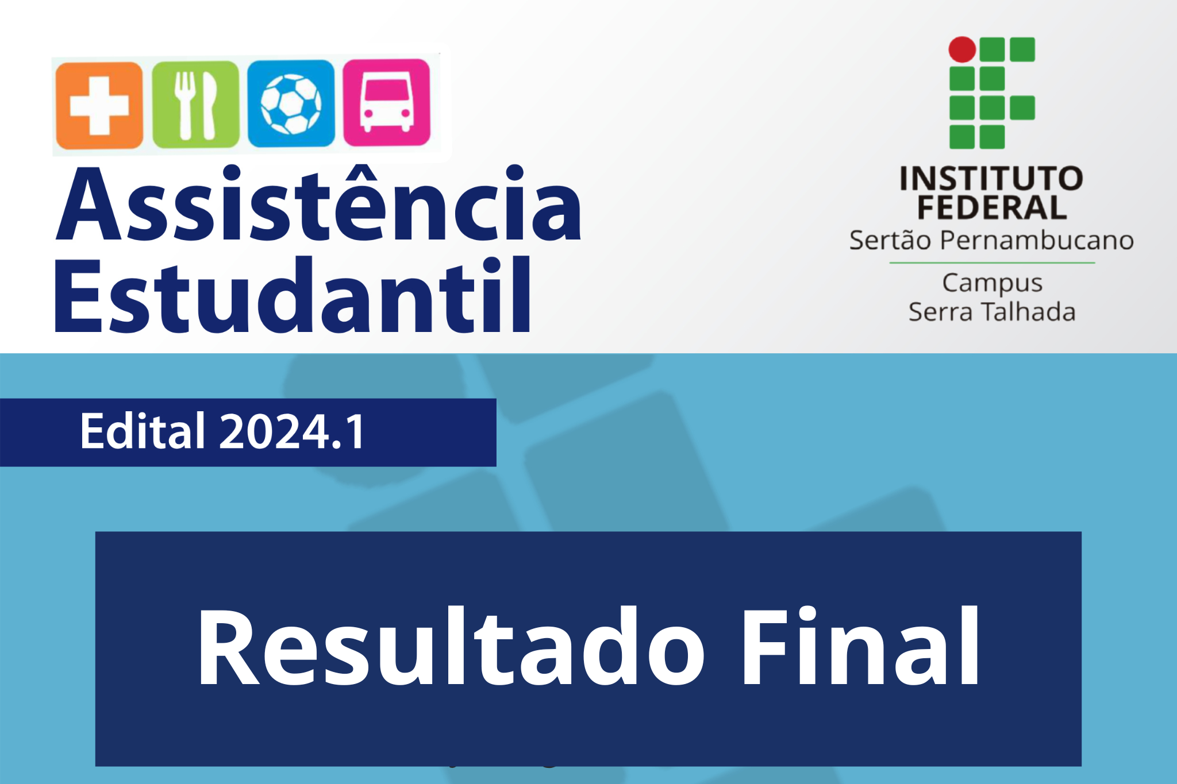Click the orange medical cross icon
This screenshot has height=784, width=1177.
point(99,106)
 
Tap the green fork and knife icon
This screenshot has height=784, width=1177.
point(195,105)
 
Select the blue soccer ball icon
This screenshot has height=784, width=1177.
point(291,103)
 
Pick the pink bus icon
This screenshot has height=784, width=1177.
point(387,102)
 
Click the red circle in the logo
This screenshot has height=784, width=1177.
point(962,49)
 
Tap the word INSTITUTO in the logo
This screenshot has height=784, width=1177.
point(991,179)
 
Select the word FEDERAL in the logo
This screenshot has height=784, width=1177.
point(991,207)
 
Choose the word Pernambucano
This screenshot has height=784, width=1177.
point(1037,240)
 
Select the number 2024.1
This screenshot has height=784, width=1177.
point(292,431)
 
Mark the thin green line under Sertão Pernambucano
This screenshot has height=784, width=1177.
point(992,263)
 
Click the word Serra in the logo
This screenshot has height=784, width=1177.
point(941,312)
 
